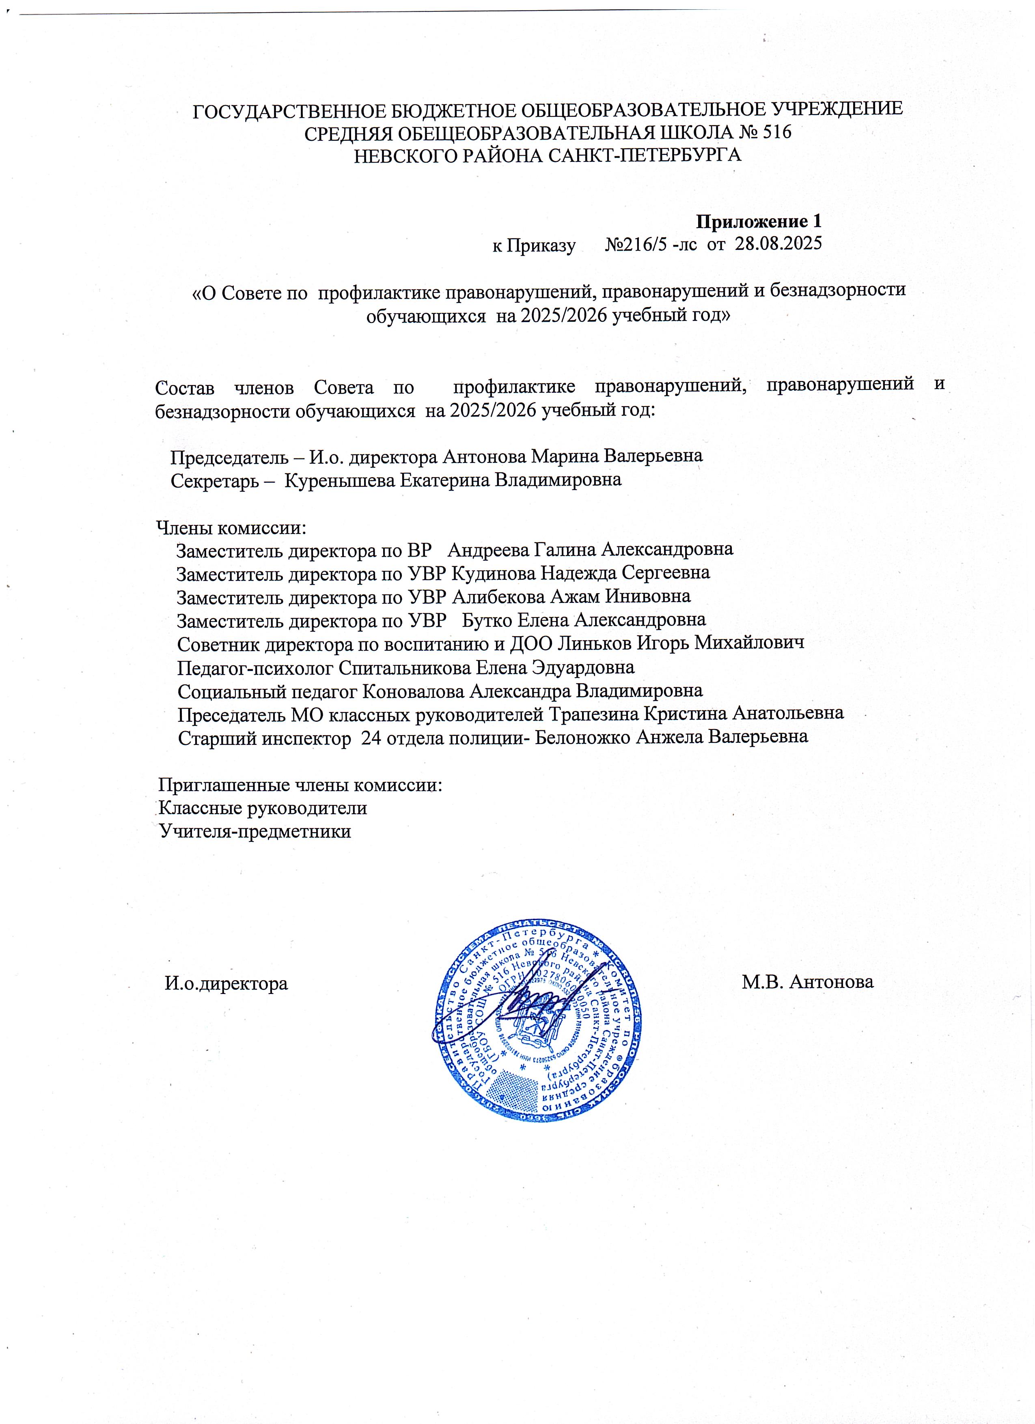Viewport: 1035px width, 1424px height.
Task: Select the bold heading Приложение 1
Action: coord(759,221)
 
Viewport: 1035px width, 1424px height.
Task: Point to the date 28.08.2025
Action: coord(778,244)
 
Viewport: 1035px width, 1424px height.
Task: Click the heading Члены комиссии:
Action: coord(231,527)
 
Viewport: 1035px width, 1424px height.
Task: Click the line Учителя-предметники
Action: coord(255,831)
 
